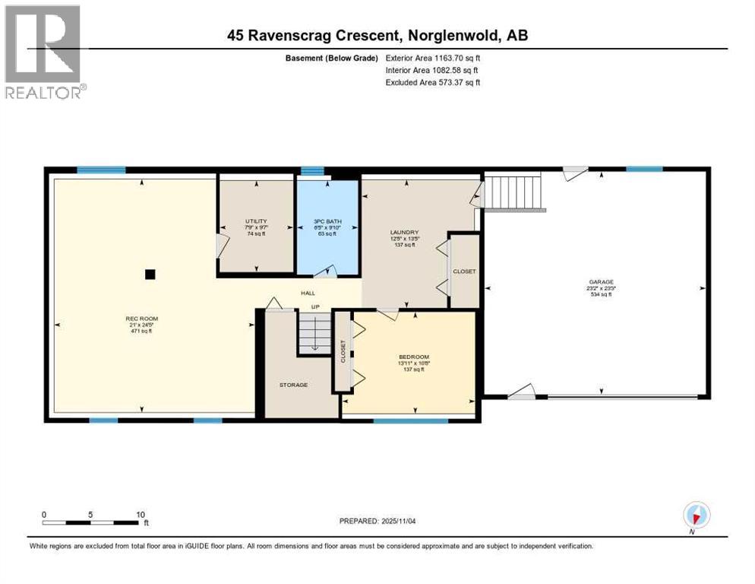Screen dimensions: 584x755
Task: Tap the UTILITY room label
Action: (x=256, y=221)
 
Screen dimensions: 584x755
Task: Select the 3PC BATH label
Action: (x=327, y=221)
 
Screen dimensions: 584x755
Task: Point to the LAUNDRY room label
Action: (x=405, y=233)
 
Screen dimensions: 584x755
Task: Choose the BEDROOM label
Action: (x=414, y=357)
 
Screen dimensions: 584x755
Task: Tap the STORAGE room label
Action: (x=293, y=385)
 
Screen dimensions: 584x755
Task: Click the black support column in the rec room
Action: (x=150, y=274)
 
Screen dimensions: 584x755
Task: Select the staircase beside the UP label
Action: (x=314, y=333)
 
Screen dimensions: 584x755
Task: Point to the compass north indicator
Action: (x=695, y=515)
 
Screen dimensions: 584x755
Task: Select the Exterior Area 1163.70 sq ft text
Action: (x=433, y=57)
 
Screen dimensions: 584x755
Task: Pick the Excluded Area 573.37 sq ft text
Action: (x=433, y=82)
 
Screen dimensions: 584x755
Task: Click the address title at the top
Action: (x=377, y=35)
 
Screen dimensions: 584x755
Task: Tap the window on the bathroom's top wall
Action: (x=311, y=171)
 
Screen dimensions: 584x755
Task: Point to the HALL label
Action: (x=308, y=293)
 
